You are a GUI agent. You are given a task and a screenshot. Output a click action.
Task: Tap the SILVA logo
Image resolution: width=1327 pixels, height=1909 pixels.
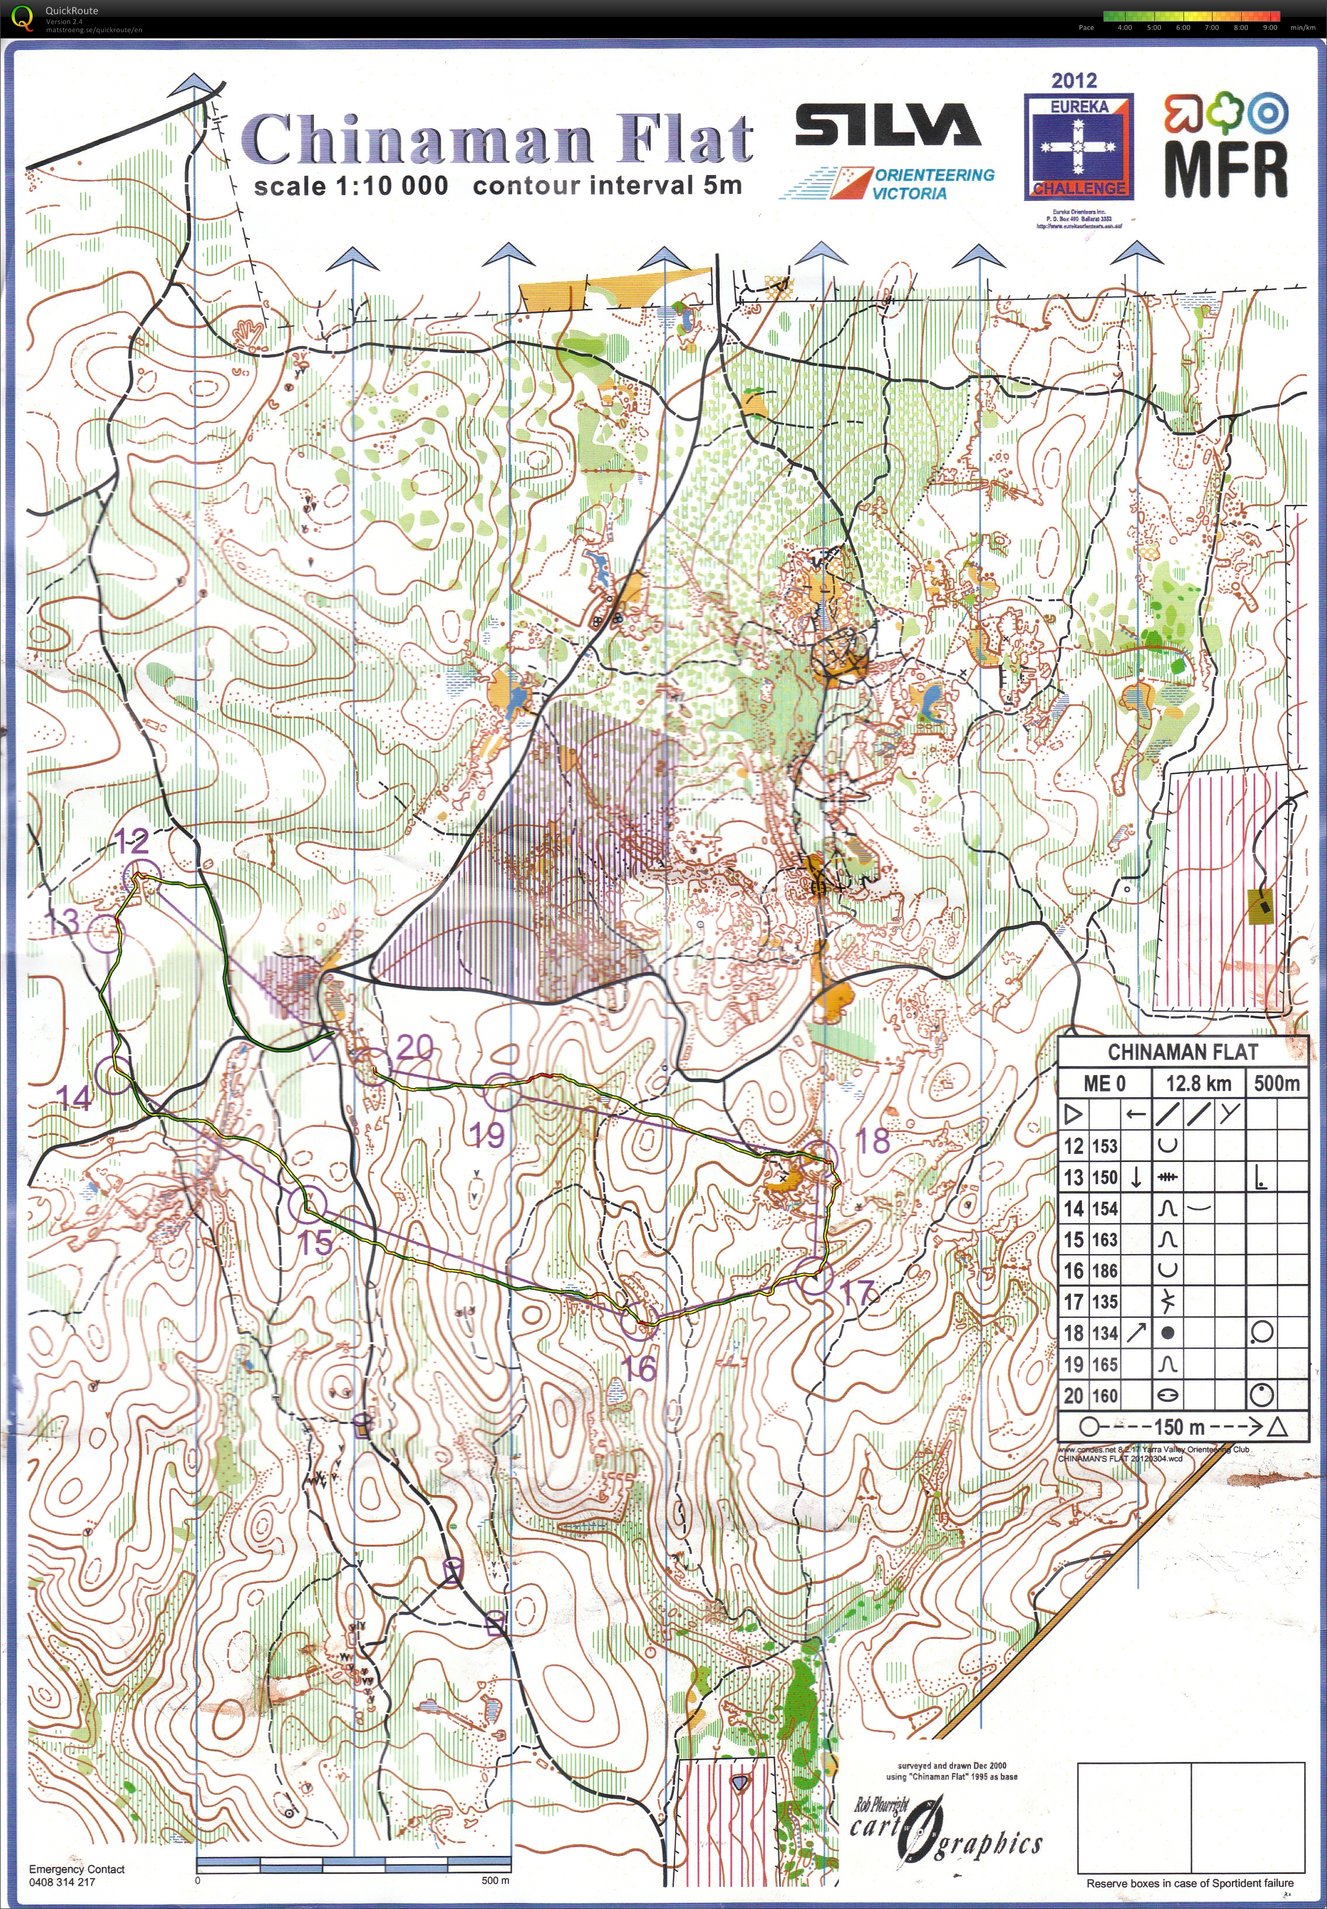(887, 125)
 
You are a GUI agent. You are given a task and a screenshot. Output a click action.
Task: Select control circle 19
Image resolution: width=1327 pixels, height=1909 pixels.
(501, 1093)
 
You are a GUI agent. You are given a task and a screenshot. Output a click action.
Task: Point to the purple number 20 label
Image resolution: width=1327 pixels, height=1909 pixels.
(414, 1047)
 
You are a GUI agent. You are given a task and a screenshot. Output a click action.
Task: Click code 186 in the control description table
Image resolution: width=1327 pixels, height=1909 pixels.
(1104, 1271)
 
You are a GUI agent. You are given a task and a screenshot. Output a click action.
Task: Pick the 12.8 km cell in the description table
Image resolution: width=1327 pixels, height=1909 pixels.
(1197, 1083)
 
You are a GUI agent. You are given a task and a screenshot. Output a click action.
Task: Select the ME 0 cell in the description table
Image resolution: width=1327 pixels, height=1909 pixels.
(1104, 1083)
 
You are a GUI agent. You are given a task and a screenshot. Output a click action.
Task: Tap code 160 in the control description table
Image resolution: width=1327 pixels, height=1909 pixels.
(1104, 1395)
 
